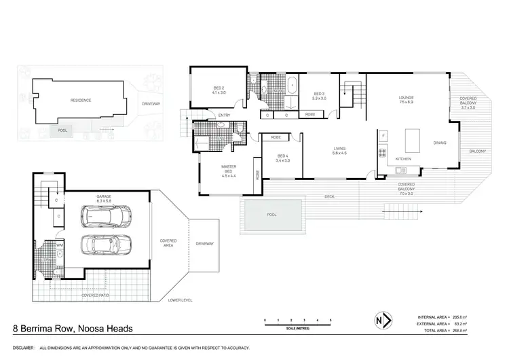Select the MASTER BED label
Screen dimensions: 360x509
point(227,168)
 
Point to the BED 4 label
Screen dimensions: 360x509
point(283,158)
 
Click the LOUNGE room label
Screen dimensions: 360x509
point(407,98)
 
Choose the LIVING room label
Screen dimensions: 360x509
point(339,150)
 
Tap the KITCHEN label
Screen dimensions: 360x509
point(404,159)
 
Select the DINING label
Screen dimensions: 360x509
point(440,143)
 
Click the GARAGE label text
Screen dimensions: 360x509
point(104,196)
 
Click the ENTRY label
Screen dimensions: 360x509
point(224,115)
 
